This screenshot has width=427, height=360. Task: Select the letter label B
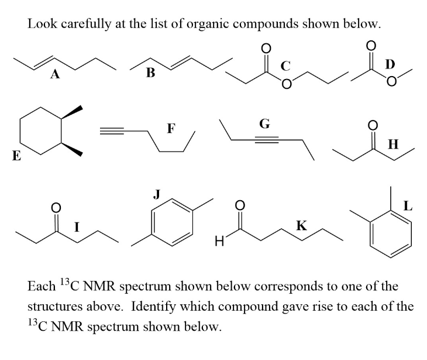coord(151,73)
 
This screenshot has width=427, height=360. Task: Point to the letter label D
coord(390,63)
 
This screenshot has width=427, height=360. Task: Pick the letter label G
coord(264,124)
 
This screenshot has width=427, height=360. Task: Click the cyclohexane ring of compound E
coord(42,132)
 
